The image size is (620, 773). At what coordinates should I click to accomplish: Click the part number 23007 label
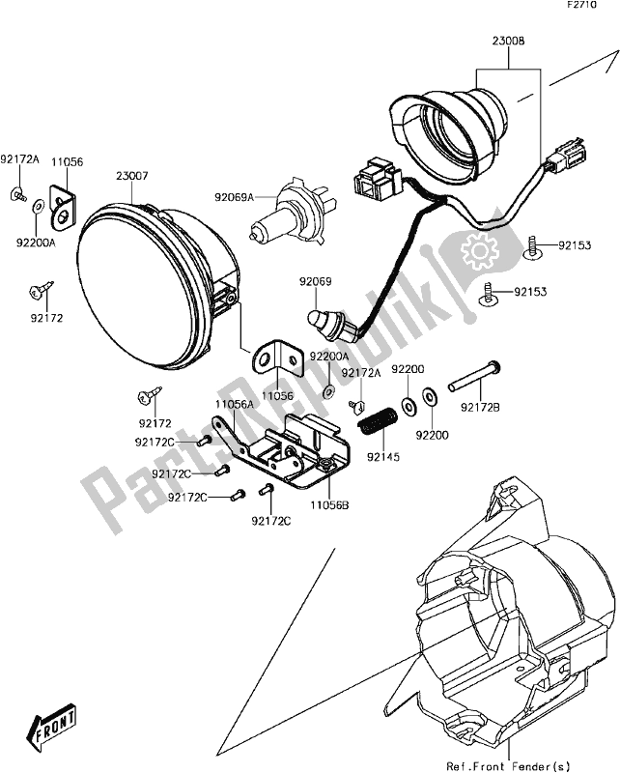(x=132, y=177)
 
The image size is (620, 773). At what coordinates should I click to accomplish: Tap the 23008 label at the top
(x=508, y=42)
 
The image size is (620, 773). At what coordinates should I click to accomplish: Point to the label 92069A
(x=235, y=198)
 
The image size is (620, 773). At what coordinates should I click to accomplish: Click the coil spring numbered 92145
(x=374, y=421)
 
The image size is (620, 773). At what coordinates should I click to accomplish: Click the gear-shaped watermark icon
(x=480, y=253)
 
